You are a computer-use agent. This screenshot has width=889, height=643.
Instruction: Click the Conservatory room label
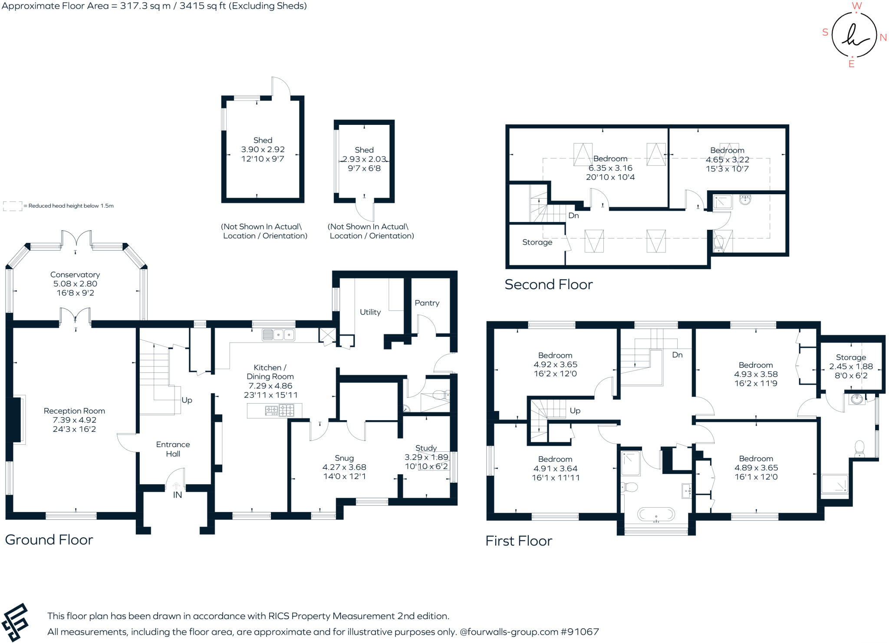pyautogui.click(x=75, y=274)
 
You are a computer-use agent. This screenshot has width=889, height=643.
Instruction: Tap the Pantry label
pyautogui.click(x=427, y=303)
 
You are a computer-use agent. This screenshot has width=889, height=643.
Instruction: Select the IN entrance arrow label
pyautogui.click(x=177, y=495)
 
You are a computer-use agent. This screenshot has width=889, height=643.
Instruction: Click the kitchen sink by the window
pyautogui.click(x=278, y=334)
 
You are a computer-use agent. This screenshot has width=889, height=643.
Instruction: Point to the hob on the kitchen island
pyautogui.click(x=280, y=410)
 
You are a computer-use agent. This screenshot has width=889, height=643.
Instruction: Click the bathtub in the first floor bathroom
pyautogui.click(x=656, y=514)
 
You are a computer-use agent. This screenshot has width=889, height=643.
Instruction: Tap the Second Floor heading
pyautogui.click(x=548, y=284)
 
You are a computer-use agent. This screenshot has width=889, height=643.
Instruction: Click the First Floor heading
pyautogui.click(x=519, y=541)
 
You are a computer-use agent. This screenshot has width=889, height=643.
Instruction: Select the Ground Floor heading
pyautogui.click(x=49, y=539)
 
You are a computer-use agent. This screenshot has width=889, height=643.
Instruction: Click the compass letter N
pyautogui.click(x=882, y=38)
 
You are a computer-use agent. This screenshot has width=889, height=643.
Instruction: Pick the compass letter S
pyautogui.click(x=825, y=32)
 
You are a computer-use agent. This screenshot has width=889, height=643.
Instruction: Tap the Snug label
pyautogui.click(x=344, y=458)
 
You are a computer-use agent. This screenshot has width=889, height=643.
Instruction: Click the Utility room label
pyautogui.click(x=370, y=312)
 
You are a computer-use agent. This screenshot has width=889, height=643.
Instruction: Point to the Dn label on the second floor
pyautogui.click(x=573, y=215)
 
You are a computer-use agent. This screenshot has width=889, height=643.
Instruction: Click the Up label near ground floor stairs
pyautogui.click(x=187, y=400)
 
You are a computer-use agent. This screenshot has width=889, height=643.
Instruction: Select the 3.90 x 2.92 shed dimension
pyautogui.click(x=263, y=149)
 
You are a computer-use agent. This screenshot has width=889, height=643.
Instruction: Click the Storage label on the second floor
pyautogui.click(x=537, y=242)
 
